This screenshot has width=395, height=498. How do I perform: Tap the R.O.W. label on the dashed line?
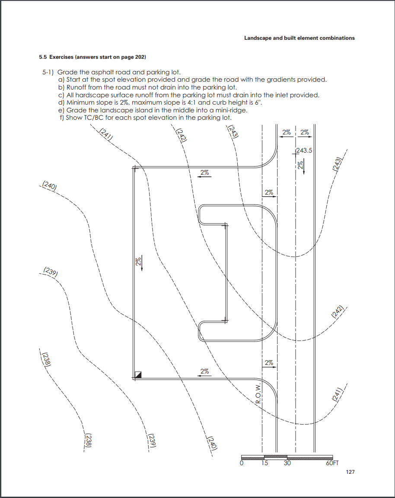coord(258,393)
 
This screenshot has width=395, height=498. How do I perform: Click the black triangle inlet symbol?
coord(138,375)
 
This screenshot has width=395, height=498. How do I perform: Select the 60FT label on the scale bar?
coord(332,463)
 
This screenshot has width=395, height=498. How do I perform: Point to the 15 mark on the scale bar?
coord(264,463)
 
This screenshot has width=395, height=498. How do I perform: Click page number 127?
coord(350,472)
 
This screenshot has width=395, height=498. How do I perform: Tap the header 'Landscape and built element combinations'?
coord(299,38)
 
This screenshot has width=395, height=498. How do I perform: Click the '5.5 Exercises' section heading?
coord(92,57)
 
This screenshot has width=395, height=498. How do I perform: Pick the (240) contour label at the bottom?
coord(211,443)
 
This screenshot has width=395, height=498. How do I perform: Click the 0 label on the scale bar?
coord(242,463)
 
